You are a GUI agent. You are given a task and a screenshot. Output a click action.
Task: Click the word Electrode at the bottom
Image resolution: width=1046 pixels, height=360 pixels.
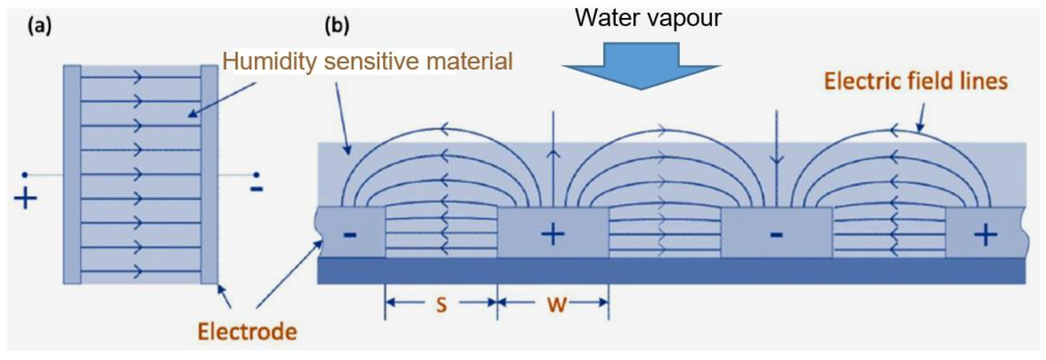pyautogui.click(x=247, y=332)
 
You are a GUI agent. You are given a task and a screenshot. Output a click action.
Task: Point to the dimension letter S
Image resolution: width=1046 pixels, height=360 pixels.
pyautogui.click(x=441, y=304)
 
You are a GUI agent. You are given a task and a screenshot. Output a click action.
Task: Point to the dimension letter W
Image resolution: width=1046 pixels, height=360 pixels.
pyautogui.click(x=557, y=304)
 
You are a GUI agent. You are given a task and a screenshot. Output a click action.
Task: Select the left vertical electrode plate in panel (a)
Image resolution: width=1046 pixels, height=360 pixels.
pyautogui.click(x=72, y=175)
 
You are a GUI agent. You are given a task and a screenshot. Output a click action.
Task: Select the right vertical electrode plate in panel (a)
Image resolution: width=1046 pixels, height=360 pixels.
pyautogui.click(x=209, y=175)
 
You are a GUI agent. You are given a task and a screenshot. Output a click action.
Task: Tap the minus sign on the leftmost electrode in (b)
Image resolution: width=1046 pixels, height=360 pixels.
pyautogui.click(x=350, y=235)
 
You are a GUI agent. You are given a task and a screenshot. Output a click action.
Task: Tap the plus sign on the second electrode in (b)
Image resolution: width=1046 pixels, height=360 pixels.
pyautogui.click(x=553, y=234)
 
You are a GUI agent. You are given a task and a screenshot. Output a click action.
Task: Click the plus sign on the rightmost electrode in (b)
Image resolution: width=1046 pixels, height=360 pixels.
pyautogui.click(x=985, y=235)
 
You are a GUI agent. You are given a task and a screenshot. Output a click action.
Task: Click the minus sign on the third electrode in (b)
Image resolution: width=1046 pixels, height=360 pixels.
pyautogui.click(x=776, y=234)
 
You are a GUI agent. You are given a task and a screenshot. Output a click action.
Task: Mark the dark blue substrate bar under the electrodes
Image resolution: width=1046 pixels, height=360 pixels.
pyautogui.click(x=670, y=271)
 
